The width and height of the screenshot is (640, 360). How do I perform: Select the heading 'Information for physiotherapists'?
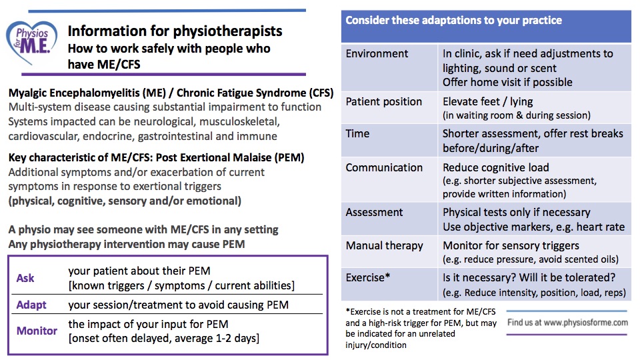175,31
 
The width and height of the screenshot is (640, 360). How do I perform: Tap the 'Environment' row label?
377,53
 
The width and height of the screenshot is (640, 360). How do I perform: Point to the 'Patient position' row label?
383,101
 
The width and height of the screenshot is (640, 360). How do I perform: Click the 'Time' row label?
357,133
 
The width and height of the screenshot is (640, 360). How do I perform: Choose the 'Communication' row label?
384,167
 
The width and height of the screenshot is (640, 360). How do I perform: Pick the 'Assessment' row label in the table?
374,212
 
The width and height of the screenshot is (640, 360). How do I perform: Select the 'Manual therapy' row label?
384,245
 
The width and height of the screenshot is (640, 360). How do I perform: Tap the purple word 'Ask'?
25,278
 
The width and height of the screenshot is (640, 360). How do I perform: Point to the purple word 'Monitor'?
37,331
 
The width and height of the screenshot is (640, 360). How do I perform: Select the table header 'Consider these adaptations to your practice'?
453,20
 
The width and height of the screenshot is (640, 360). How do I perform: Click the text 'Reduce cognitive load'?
504,167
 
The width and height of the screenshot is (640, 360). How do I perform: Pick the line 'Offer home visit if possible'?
507,82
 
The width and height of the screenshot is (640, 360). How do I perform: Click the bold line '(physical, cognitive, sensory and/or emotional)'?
125,201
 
